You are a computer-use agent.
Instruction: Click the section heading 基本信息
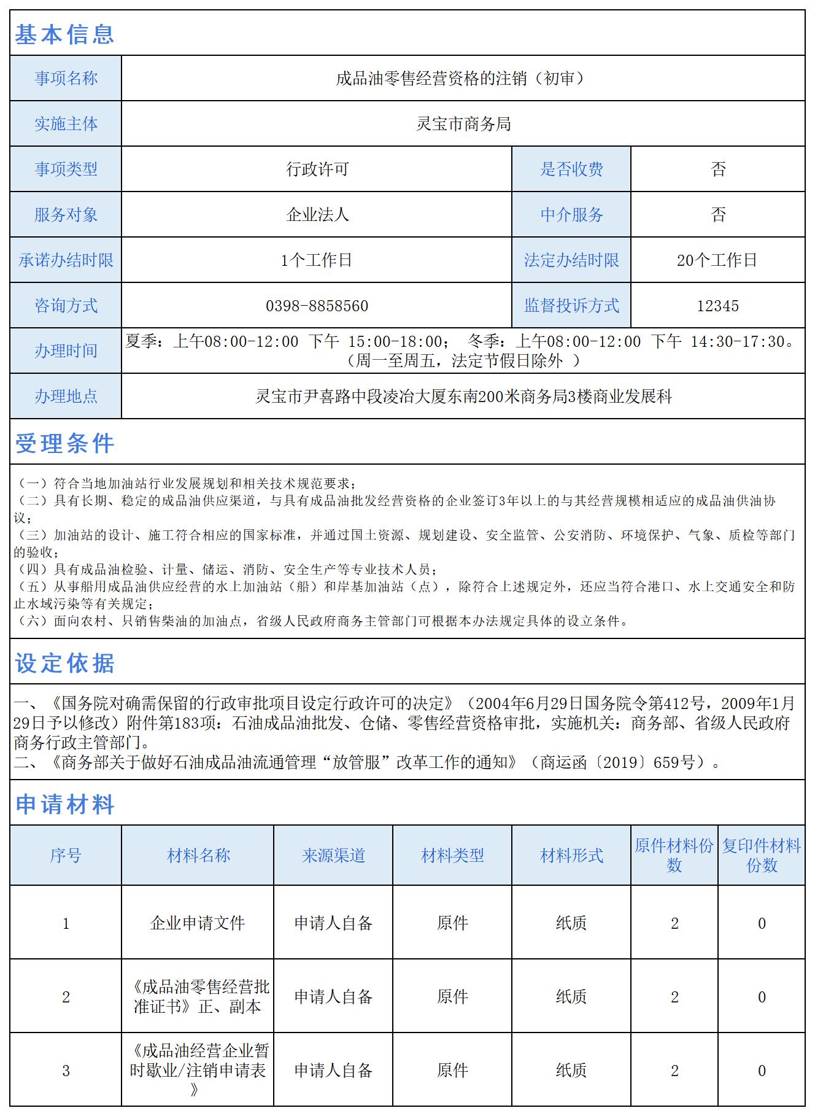64,34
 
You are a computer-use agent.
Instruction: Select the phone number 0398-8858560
317,306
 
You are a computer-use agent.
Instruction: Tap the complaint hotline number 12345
717,306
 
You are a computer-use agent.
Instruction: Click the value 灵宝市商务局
463,124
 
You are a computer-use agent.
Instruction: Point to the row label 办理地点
66,397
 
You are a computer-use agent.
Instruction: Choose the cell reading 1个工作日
317,260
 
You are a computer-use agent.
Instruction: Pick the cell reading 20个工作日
717,260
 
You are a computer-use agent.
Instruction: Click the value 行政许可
317,169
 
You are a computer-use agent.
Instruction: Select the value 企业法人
317,215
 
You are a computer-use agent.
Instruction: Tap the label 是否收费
571,169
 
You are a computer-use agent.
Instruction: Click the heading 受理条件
64,443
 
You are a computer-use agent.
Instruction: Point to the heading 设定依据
64,663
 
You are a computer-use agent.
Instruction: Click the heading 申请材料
64,804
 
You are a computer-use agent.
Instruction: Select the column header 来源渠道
333,855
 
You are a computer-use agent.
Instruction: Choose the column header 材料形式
571,855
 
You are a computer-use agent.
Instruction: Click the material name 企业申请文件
198,923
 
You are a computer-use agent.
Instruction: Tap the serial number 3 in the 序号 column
66,1071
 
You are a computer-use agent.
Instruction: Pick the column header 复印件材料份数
761,855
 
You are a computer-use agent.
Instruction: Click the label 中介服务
571,215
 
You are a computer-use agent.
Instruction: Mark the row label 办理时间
66,351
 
